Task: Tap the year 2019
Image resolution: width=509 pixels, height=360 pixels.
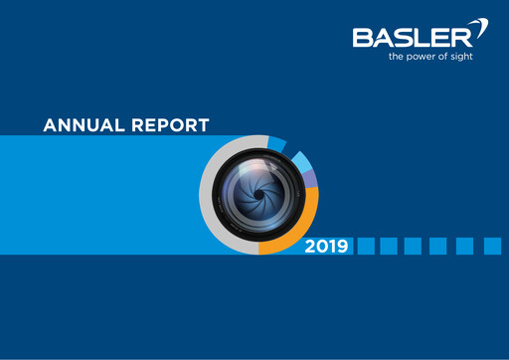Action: (327, 246)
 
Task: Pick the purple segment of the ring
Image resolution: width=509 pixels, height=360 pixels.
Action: (311, 178)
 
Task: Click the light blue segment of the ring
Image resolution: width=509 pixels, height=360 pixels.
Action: (300, 159)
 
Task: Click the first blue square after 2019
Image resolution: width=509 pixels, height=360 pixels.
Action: (366, 246)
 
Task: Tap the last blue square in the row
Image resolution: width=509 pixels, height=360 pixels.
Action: (492, 246)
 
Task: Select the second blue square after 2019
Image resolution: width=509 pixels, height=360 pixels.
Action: (390, 246)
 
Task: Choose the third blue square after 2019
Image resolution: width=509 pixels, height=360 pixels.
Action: (416, 246)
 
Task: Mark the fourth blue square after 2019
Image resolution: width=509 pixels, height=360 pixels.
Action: (440, 246)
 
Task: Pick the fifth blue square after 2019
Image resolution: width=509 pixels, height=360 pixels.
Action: (465, 246)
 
